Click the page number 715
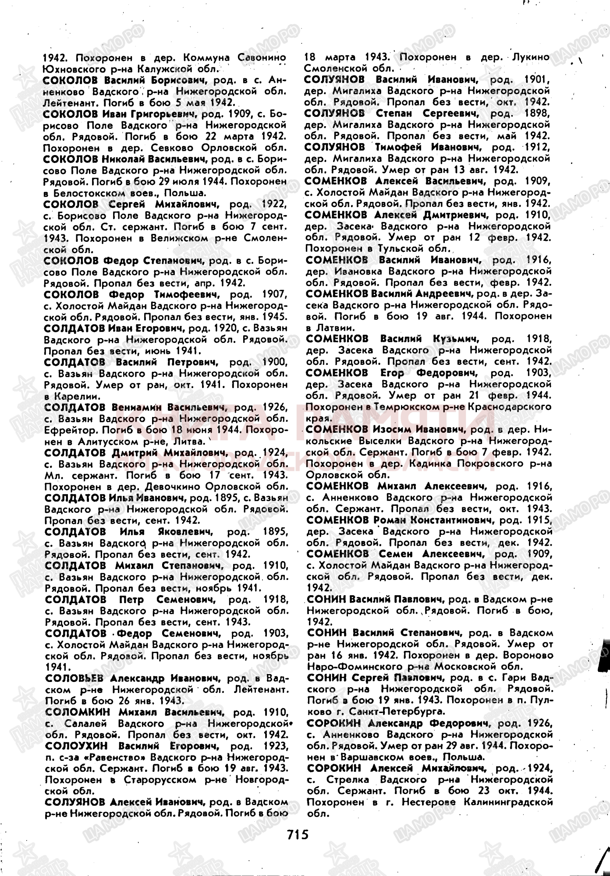[x=298, y=834]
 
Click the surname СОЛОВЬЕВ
[x=74, y=678]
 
